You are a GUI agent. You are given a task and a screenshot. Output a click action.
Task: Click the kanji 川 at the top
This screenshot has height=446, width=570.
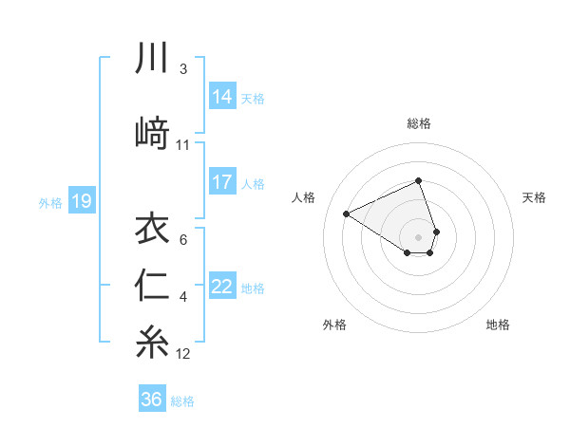click(152, 60)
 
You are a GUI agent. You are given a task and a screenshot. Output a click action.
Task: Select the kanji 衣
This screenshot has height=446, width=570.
click(152, 231)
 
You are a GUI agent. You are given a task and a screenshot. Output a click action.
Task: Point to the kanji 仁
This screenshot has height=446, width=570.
click(152, 288)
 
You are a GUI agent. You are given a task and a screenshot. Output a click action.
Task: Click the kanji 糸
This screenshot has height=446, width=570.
click(152, 343)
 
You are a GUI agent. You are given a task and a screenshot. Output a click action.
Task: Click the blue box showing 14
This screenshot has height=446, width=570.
click(221, 97)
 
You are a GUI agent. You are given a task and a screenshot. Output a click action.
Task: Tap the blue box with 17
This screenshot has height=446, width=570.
click(221, 182)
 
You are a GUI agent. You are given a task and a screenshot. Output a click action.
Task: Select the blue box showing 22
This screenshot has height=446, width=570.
click(221, 287)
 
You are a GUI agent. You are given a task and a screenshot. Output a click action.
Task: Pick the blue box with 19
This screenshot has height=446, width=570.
click(81, 201)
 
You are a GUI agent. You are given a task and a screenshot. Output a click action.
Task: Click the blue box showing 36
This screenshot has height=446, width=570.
click(152, 400)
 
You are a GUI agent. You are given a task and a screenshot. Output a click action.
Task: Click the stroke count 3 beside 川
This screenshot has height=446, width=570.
click(182, 69)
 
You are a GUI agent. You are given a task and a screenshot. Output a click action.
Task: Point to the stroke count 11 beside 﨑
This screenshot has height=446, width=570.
click(183, 145)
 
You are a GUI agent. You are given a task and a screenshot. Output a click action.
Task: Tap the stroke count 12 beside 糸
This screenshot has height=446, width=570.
click(183, 354)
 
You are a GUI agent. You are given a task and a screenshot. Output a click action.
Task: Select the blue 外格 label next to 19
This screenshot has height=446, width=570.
click(50, 202)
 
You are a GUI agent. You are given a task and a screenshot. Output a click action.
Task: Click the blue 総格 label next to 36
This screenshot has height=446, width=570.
click(182, 401)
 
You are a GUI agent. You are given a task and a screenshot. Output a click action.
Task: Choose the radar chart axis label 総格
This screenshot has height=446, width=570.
click(418, 123)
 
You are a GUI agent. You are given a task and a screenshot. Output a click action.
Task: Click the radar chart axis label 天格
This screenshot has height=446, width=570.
click(534, 197)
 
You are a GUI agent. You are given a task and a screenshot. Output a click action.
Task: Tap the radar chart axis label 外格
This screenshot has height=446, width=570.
click(334, 325)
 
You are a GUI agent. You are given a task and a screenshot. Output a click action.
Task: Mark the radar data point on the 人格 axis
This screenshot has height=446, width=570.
click(347, 214)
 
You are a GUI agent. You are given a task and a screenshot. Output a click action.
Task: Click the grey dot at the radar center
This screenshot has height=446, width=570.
click(418, 235)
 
